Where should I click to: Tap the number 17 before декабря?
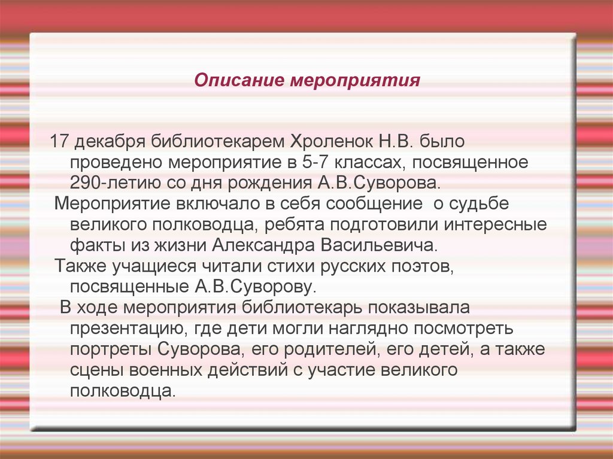click(60, 142)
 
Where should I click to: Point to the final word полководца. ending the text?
click(124, 391)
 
